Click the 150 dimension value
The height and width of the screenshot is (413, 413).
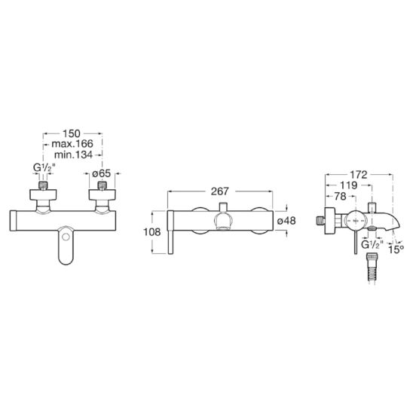(71, 133)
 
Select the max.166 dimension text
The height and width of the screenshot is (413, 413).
(72, 144)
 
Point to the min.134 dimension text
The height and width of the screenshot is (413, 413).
(73, 154)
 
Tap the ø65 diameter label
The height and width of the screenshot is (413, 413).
(102, 173)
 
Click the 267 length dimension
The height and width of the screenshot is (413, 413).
(220, 191)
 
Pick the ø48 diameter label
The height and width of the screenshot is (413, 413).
(286, 221)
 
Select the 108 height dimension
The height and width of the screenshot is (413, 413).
(152, 232)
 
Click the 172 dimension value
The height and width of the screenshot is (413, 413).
(358, 175)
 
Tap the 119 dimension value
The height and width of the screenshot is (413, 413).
(348, 185)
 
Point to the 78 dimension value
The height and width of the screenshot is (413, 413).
(340, 196)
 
